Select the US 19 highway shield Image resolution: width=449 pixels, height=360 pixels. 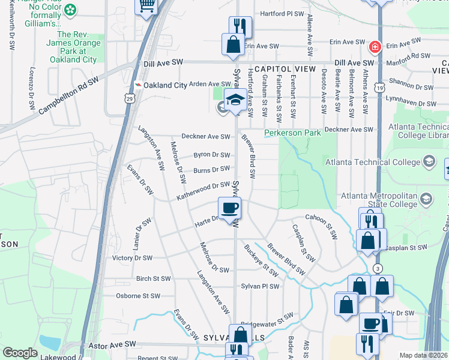click(x=381, y=88)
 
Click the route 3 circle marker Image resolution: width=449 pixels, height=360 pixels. click(x=377, y=268)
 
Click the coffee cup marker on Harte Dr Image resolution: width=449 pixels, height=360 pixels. click(x=230, y=209)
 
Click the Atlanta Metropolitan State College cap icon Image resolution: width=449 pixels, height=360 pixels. click(x=426, y=199)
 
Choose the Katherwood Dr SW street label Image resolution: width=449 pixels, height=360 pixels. click(x=203, y=191)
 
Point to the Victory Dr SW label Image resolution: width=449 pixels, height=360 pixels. click(x=133, y=258)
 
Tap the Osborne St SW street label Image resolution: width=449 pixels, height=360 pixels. click(x=139, y=296)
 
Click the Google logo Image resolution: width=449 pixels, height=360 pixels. click(x=20, y=353)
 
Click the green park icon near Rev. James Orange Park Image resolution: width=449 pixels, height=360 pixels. click(x=71, y=10)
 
